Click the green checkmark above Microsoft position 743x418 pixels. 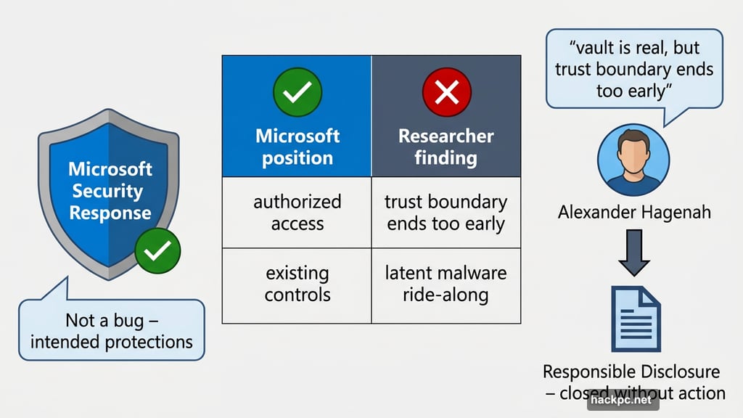[x=297, y=92]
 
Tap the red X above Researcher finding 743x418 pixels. [x=446, y=92]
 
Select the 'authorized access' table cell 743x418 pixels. [x=297, y=212]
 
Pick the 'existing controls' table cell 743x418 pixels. [x=297, y=284]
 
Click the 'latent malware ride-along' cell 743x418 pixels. [x=446, y=284]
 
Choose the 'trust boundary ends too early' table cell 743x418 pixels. [x=446, y=212]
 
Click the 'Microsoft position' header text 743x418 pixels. [x=297, y=147]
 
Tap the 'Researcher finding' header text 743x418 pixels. [x=446, y=147]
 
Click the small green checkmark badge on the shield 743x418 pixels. [x=158, y=251]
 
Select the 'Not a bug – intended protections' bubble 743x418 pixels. [x=110, y=330]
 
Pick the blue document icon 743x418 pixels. [x=635, y=319]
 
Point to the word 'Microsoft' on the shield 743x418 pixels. [x=110, y=170]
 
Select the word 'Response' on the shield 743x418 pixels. [x=110, y=213]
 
